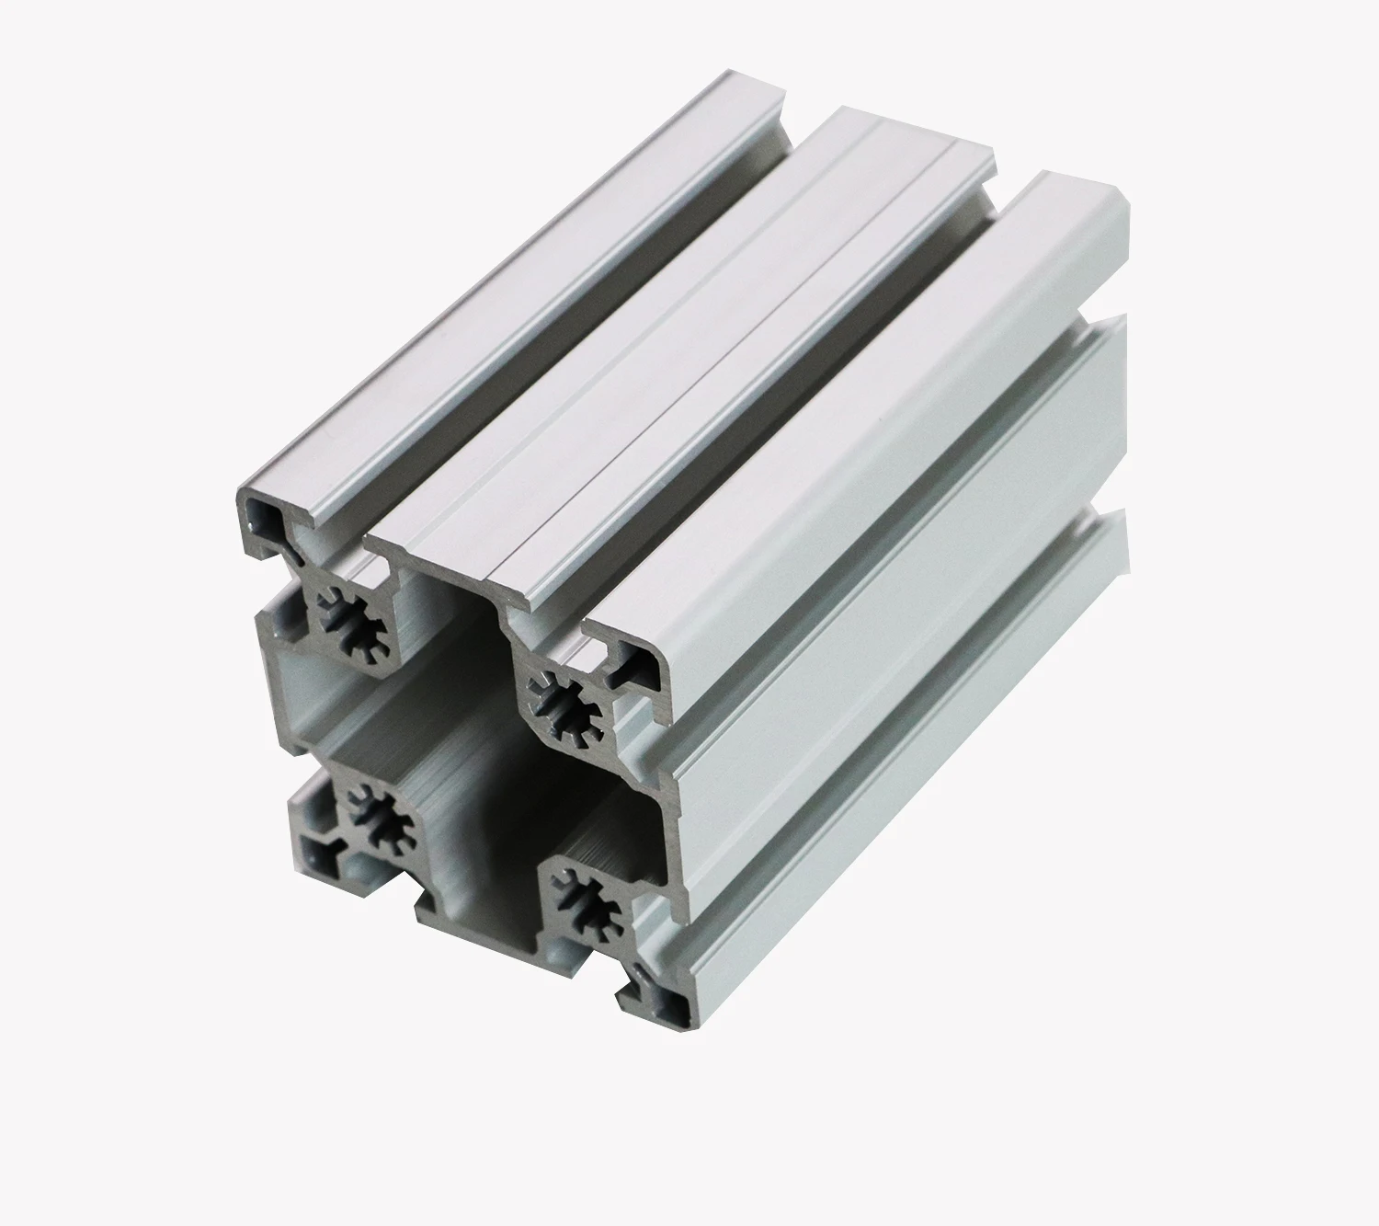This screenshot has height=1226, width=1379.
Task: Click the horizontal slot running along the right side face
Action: (x=901, y=690)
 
